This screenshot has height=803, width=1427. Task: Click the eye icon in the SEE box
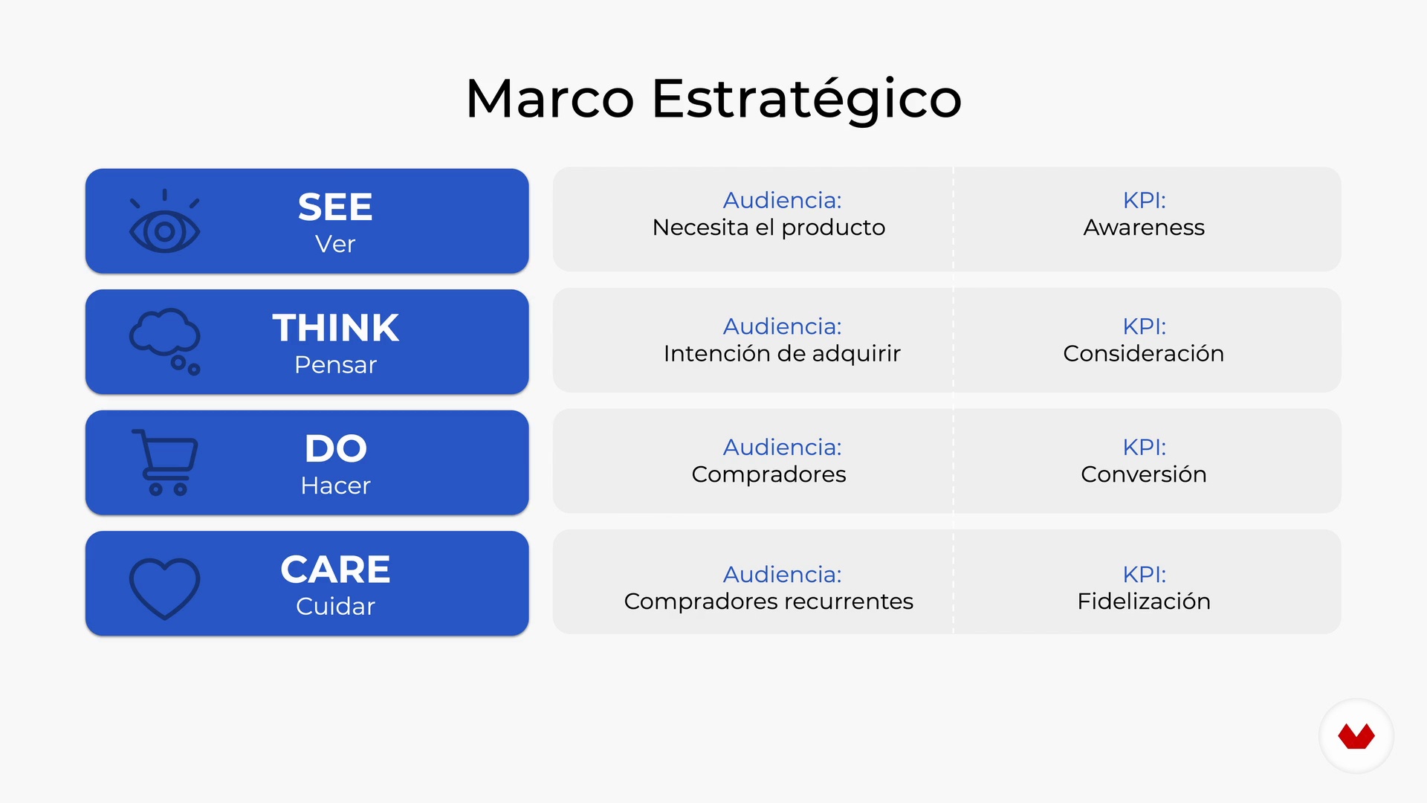coord(164,222)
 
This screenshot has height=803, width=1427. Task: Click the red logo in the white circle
coord(1356,736)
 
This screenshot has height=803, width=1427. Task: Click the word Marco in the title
coord(550,98)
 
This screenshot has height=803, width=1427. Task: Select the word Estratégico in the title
coord(807,98)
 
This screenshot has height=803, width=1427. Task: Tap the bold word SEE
coord(335,207)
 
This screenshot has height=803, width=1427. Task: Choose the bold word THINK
coord(336,328)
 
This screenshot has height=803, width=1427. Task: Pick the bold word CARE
coord(335,570)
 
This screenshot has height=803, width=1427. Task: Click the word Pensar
coord(336,365)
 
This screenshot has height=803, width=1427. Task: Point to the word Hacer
coord(336,486)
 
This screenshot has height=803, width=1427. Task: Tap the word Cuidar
coord(336,607)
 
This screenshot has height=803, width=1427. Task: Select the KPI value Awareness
coord(1144,228)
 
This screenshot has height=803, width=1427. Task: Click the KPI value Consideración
coord(1144,353)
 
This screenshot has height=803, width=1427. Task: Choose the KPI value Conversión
coord(1144,474)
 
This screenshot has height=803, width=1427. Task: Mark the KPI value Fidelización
coord(1144,601)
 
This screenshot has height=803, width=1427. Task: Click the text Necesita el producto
coord(769,228)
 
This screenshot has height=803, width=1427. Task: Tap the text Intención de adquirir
coord(782,353)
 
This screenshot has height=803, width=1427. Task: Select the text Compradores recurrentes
coord(768,602)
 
